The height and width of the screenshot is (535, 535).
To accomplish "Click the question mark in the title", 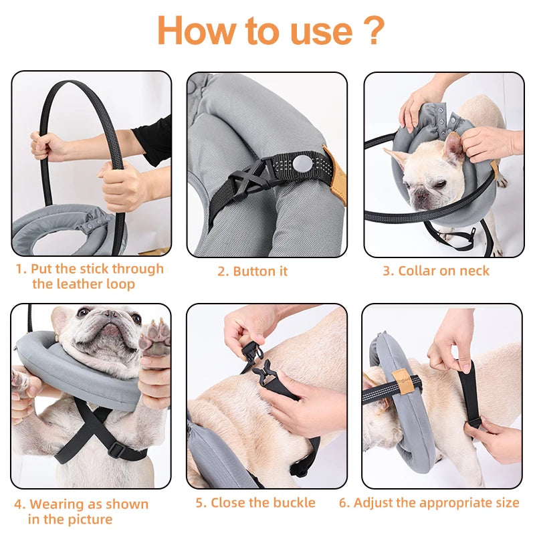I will (x=375, y=31).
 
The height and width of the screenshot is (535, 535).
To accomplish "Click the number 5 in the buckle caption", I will (x=200, y=502).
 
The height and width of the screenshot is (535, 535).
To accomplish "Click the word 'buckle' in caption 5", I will (x=292, y=502).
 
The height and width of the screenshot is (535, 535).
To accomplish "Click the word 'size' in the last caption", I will (x=505, y=502).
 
